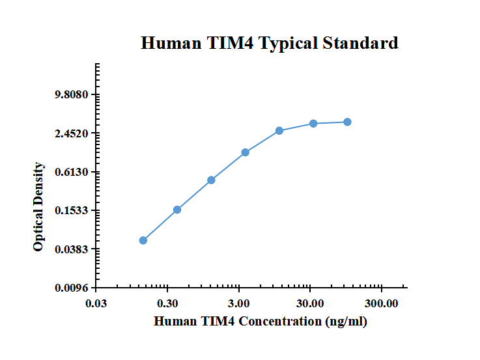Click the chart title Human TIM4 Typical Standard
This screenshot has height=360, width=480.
270,44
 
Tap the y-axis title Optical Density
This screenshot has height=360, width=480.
39,207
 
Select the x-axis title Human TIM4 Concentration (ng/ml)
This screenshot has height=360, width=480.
260,322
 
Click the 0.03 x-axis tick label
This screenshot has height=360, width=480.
96,303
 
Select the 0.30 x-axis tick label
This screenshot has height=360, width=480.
168,303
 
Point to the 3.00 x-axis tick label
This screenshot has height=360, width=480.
239,303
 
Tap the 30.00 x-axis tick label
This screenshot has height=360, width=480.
310,303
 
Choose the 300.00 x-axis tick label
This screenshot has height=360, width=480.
381,303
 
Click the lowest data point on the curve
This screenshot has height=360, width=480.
143,240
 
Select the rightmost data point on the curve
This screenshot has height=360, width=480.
348,122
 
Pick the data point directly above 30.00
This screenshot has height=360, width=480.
313,123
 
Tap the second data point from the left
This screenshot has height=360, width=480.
177,210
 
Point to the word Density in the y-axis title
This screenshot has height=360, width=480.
39,185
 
